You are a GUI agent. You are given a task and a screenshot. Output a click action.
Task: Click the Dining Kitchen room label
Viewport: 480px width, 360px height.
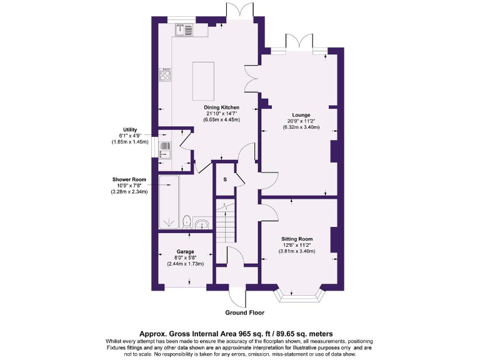[222, 107]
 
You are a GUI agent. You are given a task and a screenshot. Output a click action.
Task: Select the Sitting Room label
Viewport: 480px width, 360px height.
[297, 239]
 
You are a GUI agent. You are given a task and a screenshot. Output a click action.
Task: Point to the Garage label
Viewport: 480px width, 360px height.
[186, 252]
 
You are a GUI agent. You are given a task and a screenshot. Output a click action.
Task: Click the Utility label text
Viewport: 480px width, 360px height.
[130, 129]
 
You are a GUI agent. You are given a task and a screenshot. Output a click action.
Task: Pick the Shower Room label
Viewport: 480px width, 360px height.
[129, 179]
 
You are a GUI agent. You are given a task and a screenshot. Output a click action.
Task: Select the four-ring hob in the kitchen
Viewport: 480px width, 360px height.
[166, 76]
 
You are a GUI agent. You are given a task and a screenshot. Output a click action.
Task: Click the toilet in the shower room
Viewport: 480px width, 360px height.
[186, 222]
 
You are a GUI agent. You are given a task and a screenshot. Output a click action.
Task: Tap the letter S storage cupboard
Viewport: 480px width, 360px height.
[224, 180]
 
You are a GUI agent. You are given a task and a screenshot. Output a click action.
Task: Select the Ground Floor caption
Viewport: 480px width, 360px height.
[245, 312]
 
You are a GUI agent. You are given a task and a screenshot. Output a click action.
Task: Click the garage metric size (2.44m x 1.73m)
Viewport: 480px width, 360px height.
[186, 264]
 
